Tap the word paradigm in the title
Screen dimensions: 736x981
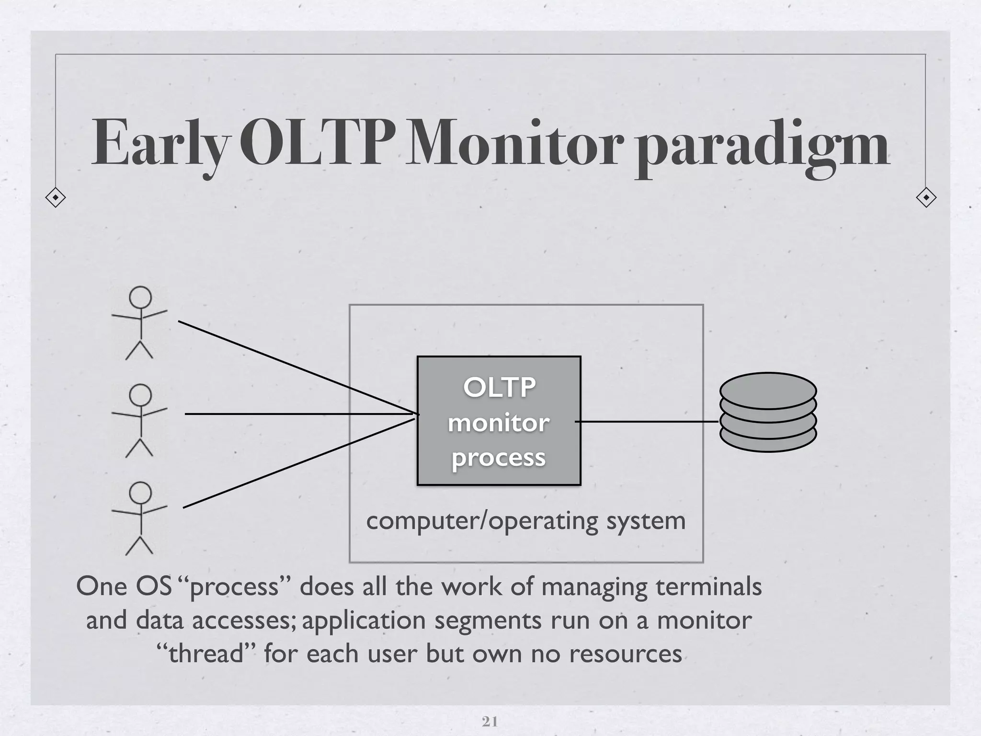click(x=762, y=146)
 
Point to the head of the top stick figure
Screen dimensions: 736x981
click(x=140, y=297)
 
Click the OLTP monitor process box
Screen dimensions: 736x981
click(x=499, y=421)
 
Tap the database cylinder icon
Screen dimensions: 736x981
click(x=768, y=412)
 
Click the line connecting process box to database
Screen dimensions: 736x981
click(x=647, y=422)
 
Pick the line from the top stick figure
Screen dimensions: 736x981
click(x=287, y=364)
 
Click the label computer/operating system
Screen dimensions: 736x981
click(x=525, y=521)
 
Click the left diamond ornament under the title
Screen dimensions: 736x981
click(x=56, y=197)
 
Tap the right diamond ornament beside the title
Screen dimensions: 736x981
click(x=926, y=197)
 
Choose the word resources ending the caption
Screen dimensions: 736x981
click(x=625, y=654)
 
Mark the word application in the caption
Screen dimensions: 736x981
click(x=364, y=621)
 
